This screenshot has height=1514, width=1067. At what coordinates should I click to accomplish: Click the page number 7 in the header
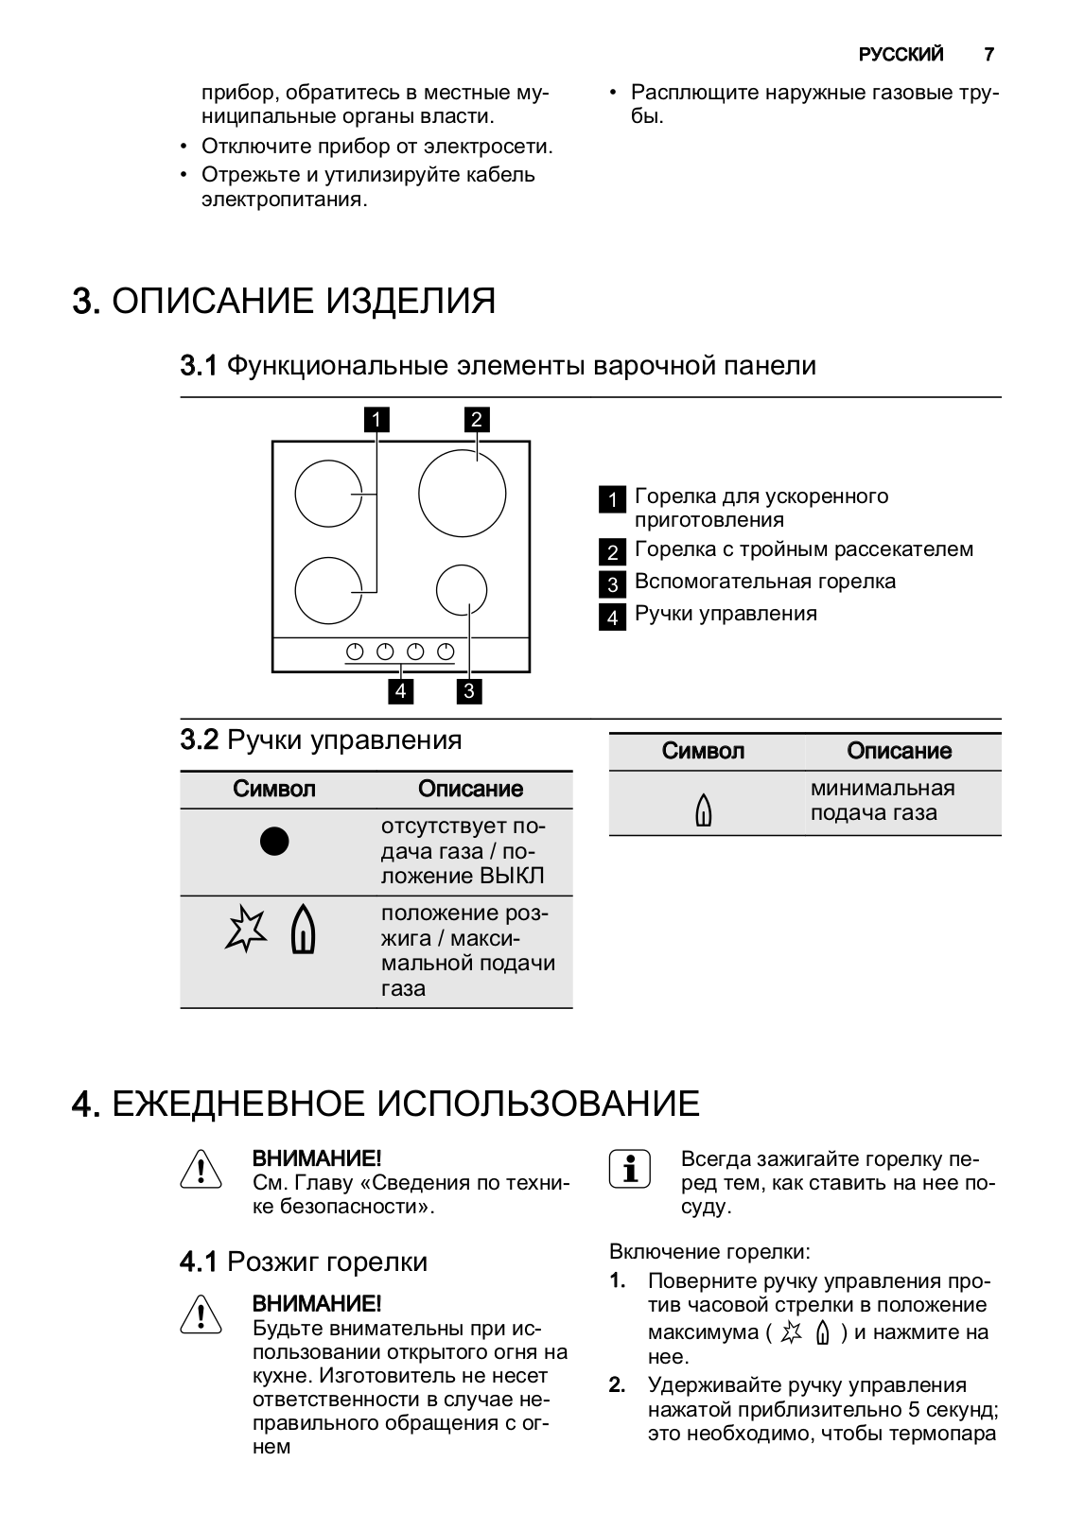988,55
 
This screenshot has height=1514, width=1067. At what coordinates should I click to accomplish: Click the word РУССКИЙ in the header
901,55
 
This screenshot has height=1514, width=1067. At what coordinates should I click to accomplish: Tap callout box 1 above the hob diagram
376,419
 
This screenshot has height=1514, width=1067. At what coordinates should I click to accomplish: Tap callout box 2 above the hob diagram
476,419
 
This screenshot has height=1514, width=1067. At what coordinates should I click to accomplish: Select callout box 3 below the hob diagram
468,691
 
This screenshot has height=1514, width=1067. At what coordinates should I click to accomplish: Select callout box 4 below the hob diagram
400,691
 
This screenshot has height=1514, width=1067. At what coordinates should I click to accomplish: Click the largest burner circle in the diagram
462,494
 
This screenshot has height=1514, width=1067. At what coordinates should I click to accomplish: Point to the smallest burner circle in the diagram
462,590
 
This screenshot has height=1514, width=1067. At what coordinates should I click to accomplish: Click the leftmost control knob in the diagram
356,652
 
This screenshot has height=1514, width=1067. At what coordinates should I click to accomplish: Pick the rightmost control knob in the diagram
446,652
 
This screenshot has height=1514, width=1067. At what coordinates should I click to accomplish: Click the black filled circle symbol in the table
274,841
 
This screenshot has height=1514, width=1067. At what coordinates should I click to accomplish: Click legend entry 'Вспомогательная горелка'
764,582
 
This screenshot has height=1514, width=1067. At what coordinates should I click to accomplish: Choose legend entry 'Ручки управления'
725,614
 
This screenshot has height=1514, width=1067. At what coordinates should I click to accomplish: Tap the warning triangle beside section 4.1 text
200,1315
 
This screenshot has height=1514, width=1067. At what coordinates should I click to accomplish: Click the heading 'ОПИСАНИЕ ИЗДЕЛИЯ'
304,302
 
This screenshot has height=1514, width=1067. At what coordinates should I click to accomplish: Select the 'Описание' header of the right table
899,751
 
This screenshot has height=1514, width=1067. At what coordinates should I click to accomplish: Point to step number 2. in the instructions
617,1385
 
